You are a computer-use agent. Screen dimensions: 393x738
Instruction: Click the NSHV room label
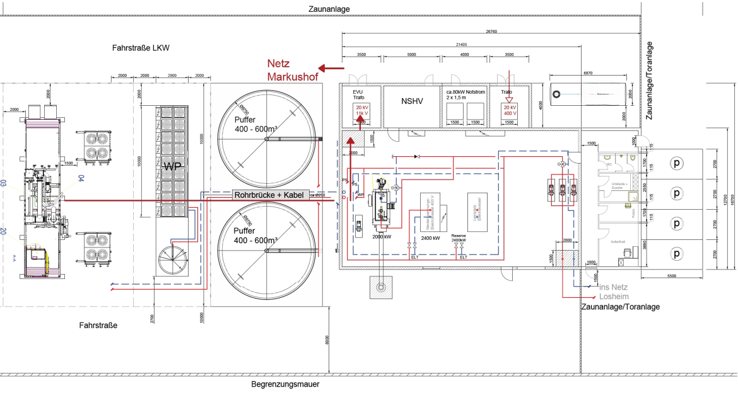(x=412, y=101)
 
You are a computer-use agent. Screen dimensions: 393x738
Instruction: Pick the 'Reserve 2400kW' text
(x=459, y=237)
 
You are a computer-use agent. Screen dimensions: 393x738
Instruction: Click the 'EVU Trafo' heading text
(x=358, y=94)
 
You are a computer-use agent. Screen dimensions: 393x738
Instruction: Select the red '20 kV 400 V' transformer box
(x=510, y=111)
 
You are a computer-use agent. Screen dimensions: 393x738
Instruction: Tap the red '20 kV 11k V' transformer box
(x=362, y=111)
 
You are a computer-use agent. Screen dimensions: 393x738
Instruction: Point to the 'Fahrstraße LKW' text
(x=141, y=48)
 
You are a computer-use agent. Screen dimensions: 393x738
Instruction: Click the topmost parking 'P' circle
(x=677, y=162)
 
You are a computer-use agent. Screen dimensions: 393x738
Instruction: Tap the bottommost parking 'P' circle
(x=677, y=254)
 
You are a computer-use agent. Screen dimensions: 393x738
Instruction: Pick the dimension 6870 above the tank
(x=588, y=73)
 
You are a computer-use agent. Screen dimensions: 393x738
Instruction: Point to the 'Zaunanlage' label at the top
(x=329, y=9)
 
